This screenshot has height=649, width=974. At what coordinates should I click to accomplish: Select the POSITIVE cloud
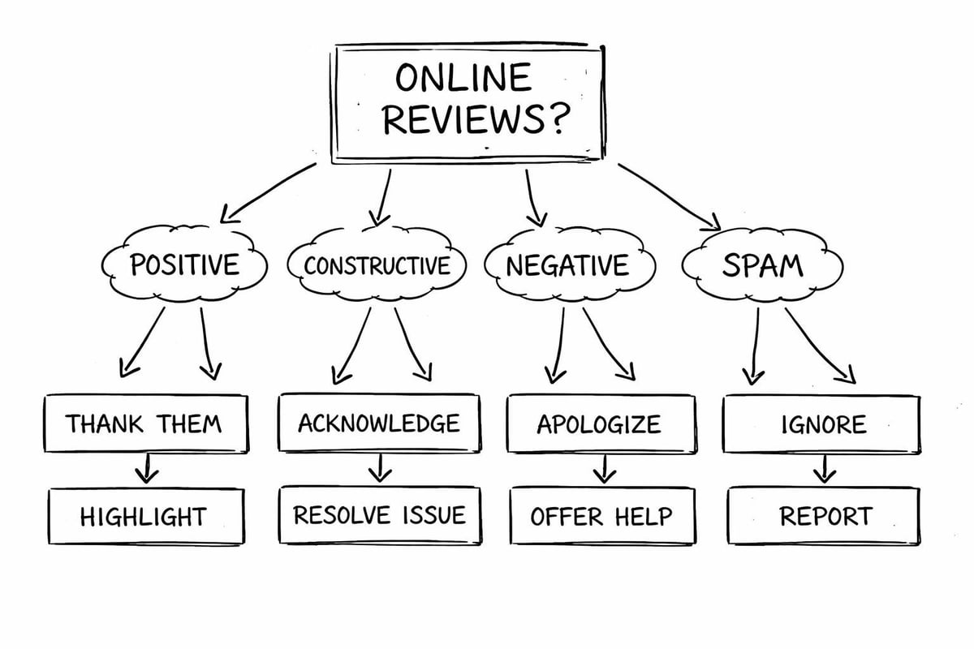coord(184,264)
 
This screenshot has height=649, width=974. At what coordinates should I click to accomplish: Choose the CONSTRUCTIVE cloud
coord(377,265)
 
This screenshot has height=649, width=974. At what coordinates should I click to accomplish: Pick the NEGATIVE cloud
coord(567,265)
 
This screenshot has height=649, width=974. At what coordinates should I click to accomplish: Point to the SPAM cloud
coord(763,264)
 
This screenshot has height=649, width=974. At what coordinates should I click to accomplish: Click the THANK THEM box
coord(144,423)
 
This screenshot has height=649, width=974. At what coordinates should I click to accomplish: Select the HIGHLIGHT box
coord(144,516)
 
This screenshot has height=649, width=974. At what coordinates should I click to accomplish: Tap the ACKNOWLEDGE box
coord(378,423)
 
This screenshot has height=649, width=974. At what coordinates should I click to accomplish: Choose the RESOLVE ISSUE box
coord(379,515)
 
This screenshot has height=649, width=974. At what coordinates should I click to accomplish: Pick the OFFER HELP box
coord(601,516)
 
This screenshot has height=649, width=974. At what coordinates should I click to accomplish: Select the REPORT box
coord(824,516)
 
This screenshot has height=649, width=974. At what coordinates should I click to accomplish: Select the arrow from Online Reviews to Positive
coord(268,191)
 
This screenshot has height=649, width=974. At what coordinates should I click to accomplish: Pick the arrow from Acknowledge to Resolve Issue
coord(379,468)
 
